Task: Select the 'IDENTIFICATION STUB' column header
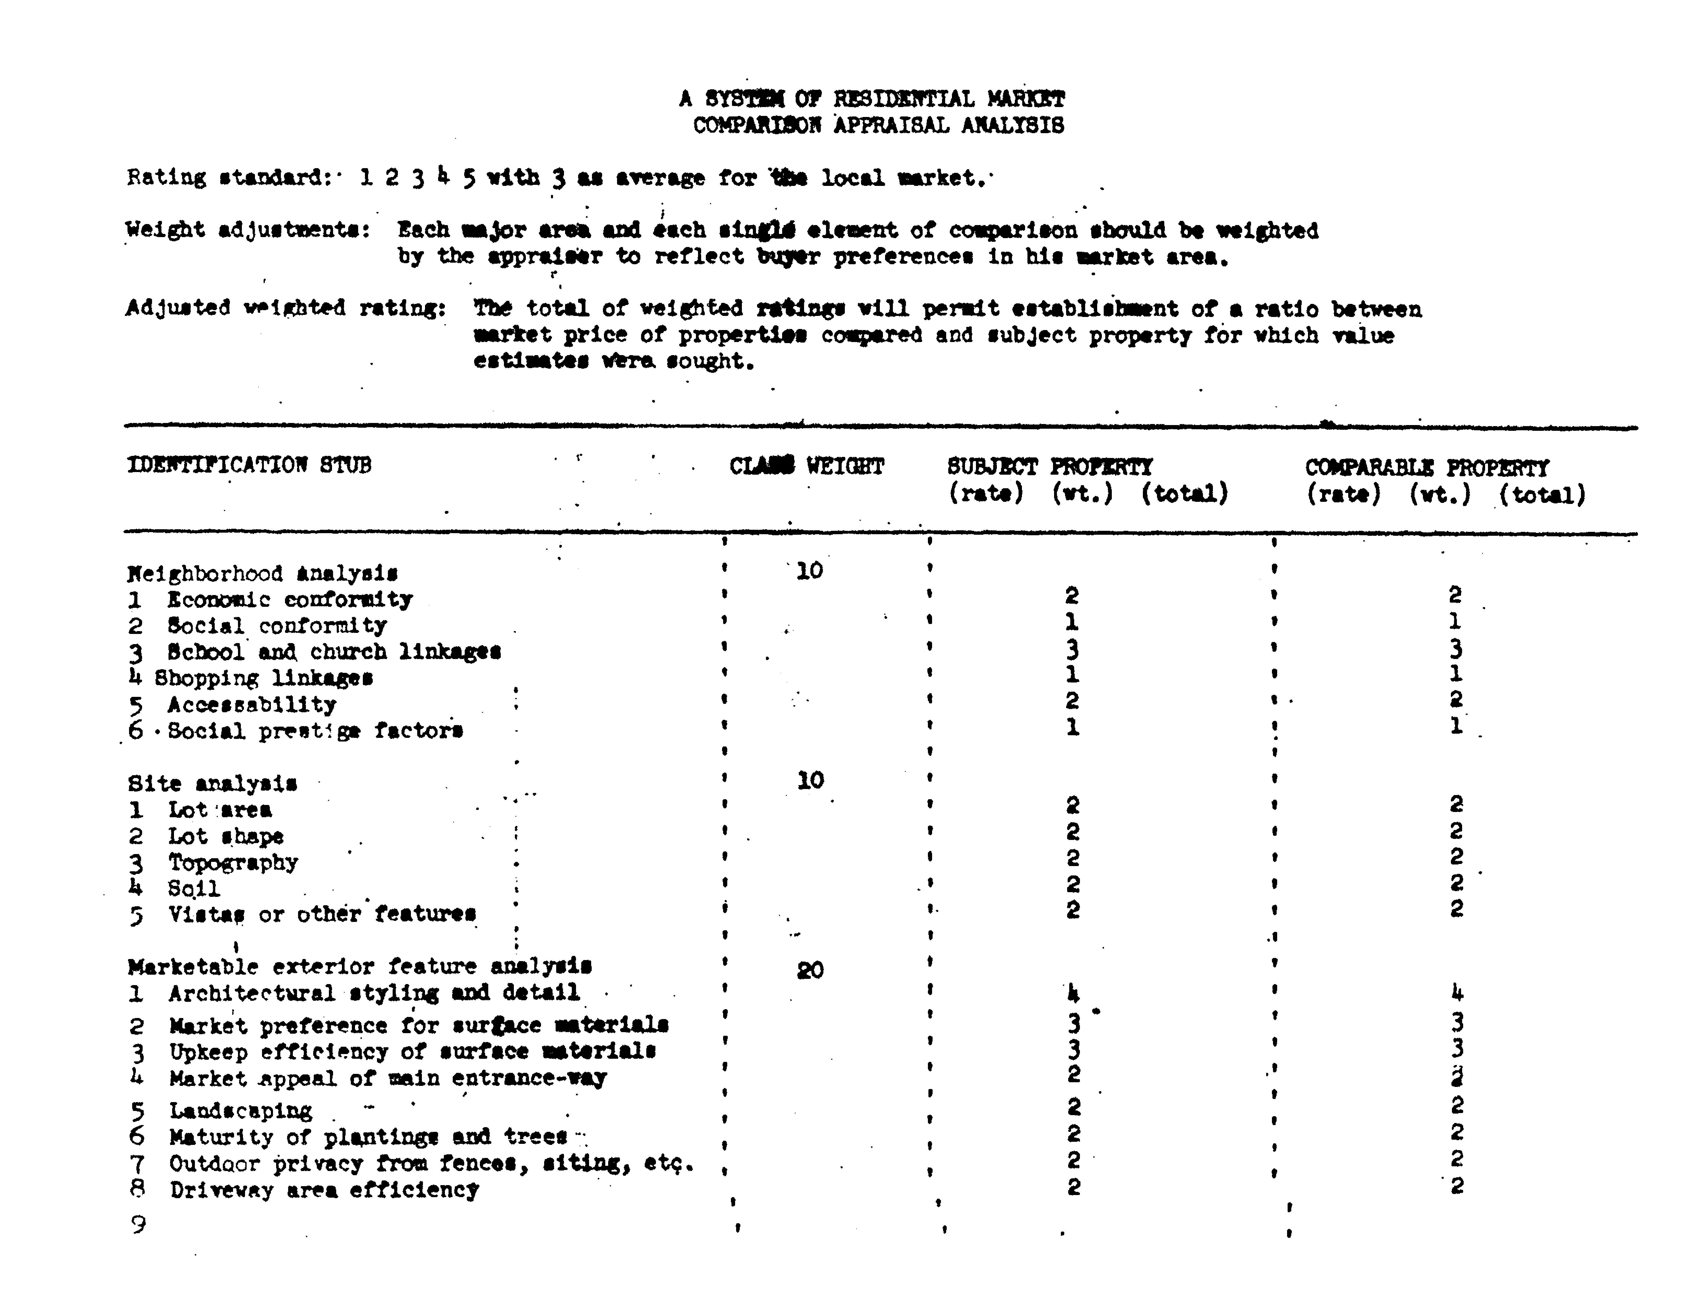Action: click(249, 465)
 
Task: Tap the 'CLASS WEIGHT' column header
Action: click(806, 466)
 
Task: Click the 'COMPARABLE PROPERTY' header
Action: click(1427, 468)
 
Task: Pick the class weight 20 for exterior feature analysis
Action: click(810, 970)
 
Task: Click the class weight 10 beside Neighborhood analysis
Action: click(809, 571)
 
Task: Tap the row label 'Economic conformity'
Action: click(289, 599)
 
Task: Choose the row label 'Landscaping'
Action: click(241, 1110)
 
